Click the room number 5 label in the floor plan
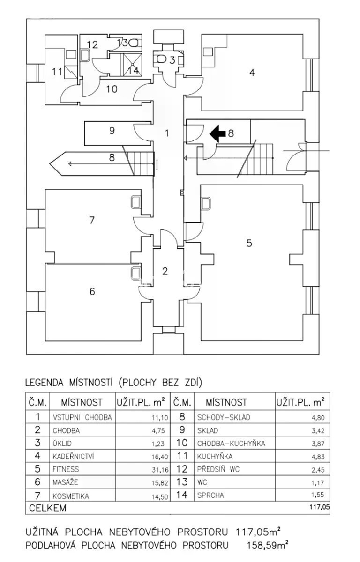[x=249, y=243]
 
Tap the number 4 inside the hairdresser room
[x=252, y=73]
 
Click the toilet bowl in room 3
[x=161, y=59]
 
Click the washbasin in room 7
[x=135, y=202]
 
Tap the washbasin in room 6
[x=135, y=273]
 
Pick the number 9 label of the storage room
[x=112, y=131]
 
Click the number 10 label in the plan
[x=112, y=89]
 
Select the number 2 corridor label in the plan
[x=165, y=271]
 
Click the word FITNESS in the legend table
[x=66, y=469]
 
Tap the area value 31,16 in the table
[x=160, y=469]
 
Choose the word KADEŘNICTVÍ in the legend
[x=73, y=456]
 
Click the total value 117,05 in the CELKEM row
[x=320, y=507]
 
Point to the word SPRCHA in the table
[x=210, y=495]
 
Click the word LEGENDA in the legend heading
[x=45, y=382]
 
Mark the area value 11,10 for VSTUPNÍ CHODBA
[x=160, y=418]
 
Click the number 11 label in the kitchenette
[x=57, y=72]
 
